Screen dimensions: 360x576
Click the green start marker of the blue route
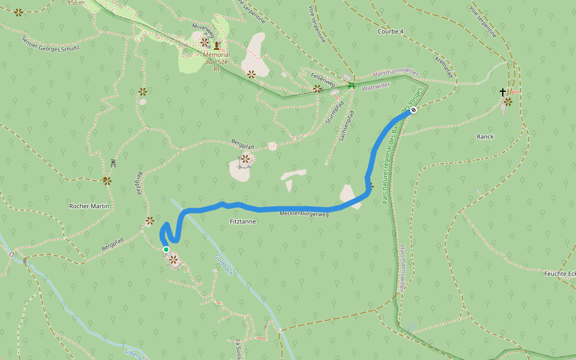pos(166,250)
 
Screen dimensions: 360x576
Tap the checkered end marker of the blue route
pos(413,110)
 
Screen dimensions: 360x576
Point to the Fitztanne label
pos(243,221)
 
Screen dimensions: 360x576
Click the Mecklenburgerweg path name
pos(304,214)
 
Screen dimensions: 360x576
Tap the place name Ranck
pos(485,136)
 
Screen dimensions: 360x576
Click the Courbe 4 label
pos(391,31)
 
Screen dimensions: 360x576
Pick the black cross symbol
pos(503,92)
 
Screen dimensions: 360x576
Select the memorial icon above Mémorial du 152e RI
pos(216,45)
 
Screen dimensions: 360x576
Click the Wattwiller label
pos(376,86)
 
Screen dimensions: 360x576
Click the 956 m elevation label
pos(76,2)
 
